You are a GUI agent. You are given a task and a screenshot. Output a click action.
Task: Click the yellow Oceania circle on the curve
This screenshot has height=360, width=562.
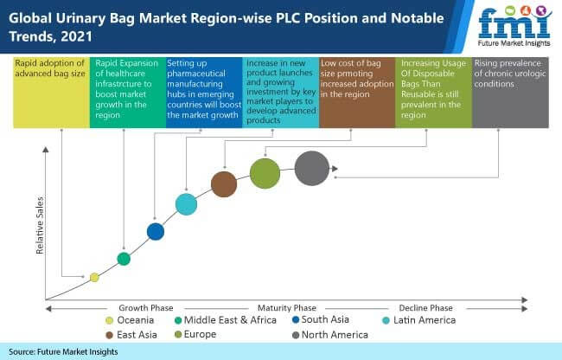(94, 277)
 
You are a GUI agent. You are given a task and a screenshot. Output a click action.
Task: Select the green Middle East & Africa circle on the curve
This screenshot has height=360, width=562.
(124, 259)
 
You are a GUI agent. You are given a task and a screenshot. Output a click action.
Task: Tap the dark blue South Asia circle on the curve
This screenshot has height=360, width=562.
(156, 232)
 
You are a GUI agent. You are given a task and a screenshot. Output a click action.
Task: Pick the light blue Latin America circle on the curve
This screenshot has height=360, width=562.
(187, 204)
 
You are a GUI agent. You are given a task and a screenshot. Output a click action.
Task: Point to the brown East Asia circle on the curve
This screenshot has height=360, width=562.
(224, 184)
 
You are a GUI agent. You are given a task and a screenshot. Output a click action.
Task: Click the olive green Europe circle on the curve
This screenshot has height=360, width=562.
(265, 174)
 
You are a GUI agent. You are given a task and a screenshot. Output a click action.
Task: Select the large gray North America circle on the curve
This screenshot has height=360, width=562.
(312, 168)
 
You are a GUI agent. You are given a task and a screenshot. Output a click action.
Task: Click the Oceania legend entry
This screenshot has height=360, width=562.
(130, 320)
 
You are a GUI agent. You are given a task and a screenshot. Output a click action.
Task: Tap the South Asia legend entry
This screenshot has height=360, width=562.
(321, 319)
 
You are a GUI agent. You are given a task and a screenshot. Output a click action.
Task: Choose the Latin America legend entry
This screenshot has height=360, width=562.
(419, 320)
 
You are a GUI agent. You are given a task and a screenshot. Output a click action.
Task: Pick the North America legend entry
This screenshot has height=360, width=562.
(330, 335)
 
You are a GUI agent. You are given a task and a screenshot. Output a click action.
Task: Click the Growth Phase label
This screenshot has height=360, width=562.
(146, 308)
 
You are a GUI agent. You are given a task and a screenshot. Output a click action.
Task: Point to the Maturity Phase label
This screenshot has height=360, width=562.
(287, 308)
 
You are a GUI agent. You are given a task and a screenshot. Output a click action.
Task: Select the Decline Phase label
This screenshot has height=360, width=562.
(425, 308)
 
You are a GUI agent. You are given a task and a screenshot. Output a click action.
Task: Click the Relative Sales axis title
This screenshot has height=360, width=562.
(40, 226)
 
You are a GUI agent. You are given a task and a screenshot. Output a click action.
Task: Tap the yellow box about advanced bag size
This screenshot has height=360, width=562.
(51, 93)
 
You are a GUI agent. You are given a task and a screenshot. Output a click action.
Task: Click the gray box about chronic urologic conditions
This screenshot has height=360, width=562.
(510, 93)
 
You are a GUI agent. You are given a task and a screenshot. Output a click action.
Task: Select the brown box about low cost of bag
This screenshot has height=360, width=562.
(357, 93)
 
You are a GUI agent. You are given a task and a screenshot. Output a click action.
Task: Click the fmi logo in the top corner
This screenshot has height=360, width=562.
(514, 26)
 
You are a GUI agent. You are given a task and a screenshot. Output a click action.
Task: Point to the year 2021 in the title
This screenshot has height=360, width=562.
(76, 36)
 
